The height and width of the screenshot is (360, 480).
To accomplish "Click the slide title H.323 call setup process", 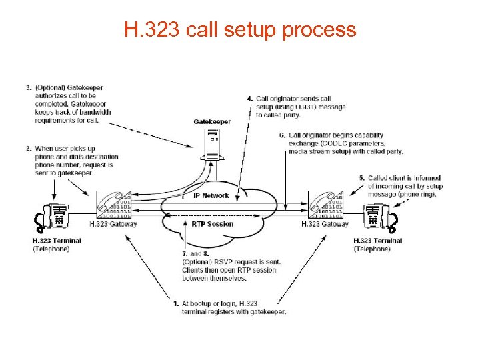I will point(240,30).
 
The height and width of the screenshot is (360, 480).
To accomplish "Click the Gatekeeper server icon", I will point(213,144).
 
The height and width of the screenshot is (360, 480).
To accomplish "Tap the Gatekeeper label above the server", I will point(212,122).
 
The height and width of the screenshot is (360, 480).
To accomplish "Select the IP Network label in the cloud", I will point(211,196).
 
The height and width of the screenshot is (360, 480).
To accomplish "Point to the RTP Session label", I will point(213,224).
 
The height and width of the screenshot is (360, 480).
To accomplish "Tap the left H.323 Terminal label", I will point(57,241).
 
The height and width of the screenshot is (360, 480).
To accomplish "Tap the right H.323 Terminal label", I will point(377,241).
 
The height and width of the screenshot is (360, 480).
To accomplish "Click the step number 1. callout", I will point(176,304).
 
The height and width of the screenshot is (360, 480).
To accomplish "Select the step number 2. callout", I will point(29,148).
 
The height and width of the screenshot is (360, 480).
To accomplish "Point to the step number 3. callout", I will point(29,87).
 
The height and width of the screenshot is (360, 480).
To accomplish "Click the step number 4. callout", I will point(251,99).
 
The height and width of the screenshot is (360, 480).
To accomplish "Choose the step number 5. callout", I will point(361,178).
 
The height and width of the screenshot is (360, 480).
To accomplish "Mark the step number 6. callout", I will point(283,135).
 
